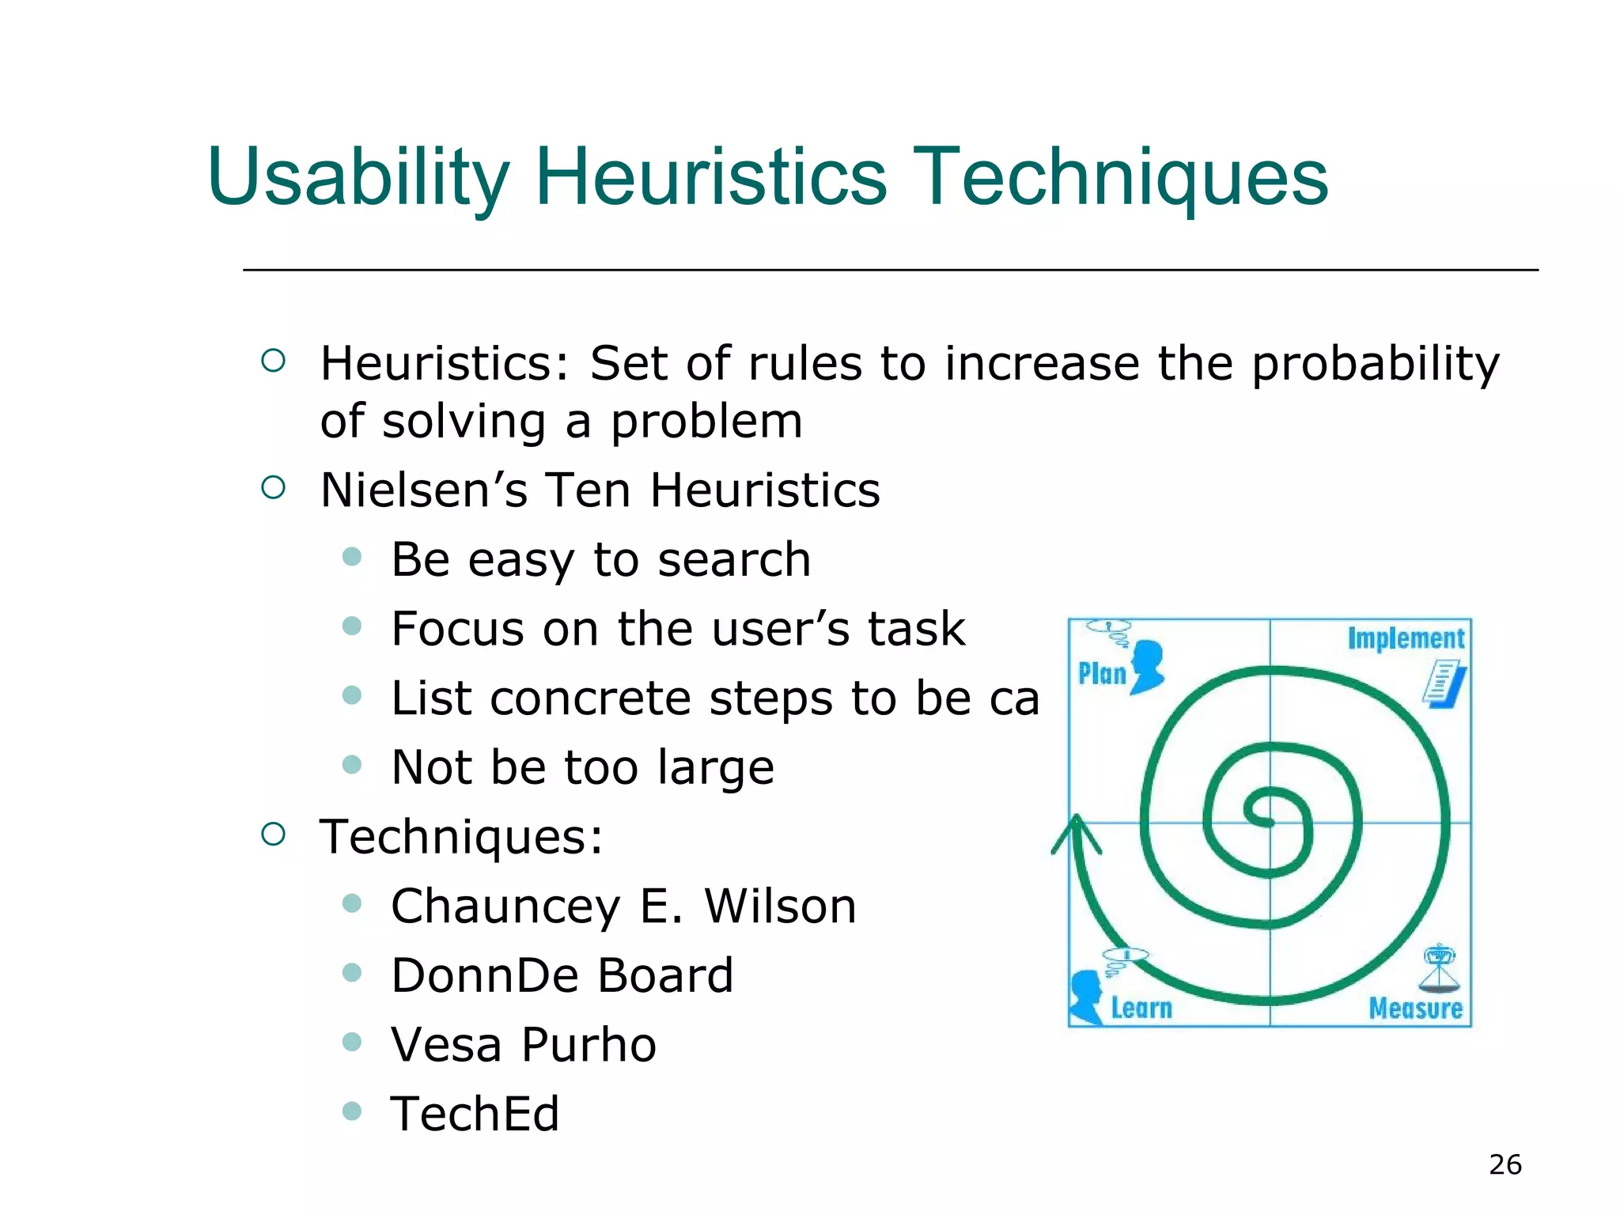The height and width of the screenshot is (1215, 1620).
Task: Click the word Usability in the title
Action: (358, 178)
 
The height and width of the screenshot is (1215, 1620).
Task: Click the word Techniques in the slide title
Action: (1123, 178)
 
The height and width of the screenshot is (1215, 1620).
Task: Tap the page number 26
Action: (1505, 1164)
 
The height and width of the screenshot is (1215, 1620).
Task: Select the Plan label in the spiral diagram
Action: (1101, 674)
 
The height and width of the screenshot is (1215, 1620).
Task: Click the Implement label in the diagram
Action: (1406, 638)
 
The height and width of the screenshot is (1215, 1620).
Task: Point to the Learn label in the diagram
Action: (1141, 1008)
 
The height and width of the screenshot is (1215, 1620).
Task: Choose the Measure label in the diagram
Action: (1415, 1008)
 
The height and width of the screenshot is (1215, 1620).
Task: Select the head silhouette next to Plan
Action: (1147, 666)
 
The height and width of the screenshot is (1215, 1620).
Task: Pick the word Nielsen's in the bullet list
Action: (423, 490)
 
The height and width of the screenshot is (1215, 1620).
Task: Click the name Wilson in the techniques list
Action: (780, 907)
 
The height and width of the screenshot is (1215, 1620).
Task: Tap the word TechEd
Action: (475, 1114)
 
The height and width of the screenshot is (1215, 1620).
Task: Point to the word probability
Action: (1375, 365)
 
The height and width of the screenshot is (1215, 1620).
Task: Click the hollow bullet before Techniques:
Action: (273, 834)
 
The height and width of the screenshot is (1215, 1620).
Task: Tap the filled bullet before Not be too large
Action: (352, 764)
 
